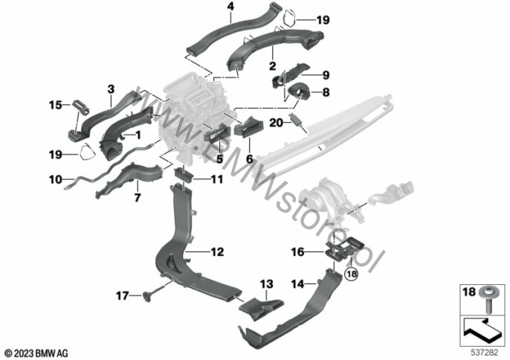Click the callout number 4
coord(230,7)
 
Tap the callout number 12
coord(217,252)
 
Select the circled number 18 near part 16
coord(352,274)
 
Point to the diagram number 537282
coord(485,353)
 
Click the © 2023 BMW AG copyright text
coord(36,353)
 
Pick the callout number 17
coord(122,296)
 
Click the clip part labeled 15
coord(80,107)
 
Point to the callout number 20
coord(276,123)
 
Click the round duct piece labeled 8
coord(299,91)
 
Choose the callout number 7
coord(138,198)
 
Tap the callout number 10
coord(56,179)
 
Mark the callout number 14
coord(297,284)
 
